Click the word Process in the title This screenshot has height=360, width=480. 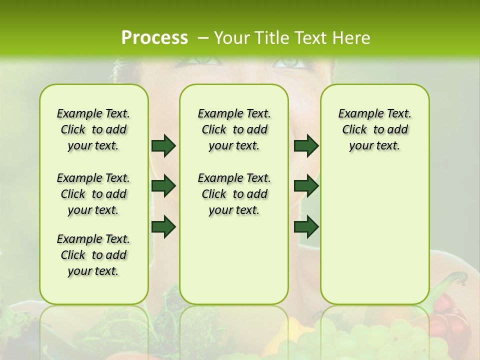coord(154,37)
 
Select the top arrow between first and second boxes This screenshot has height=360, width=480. coord(163,145)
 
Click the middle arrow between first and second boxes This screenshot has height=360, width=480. coord(163,186)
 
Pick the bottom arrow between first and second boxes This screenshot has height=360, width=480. coord(163,227)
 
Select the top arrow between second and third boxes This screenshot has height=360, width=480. coord(306,145)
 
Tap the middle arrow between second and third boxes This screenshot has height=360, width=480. coord(306,186)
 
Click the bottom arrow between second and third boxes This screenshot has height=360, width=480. coord(306,227)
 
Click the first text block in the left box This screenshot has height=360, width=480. coord(93,129)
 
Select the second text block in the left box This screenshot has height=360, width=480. coord(93,194)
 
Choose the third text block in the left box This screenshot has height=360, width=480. coord(93,255)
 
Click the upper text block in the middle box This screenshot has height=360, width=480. coord(234,129)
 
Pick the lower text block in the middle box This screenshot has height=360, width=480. coord(234,194)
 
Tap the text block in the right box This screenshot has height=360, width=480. coord(374,129)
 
